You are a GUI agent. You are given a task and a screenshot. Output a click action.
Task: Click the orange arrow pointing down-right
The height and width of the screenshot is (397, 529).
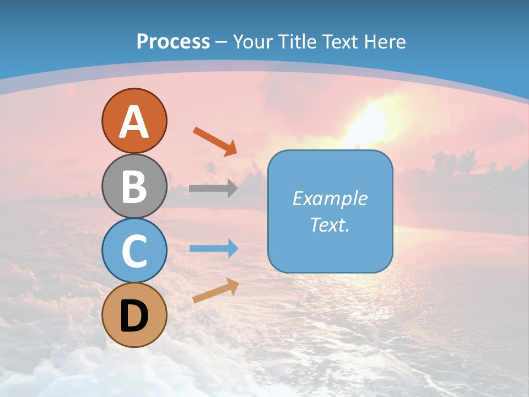tap(215, 141)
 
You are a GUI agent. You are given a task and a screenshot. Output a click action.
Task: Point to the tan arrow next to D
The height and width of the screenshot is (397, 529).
tap(215, 291)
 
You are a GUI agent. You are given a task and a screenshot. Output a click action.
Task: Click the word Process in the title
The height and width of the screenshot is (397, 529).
tap(173, 41)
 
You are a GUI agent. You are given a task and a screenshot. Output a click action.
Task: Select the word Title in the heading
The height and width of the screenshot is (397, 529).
tap(298, 41)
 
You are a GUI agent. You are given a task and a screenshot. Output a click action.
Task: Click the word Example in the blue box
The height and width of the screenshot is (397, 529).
tap(330, 198)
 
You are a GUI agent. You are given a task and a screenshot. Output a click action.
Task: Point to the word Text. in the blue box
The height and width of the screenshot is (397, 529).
tap(330, 224)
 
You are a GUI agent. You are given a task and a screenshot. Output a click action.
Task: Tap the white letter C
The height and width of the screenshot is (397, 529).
tap(134, 251)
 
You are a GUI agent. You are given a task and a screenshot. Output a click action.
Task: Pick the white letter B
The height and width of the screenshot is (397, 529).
tap(134, 186)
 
